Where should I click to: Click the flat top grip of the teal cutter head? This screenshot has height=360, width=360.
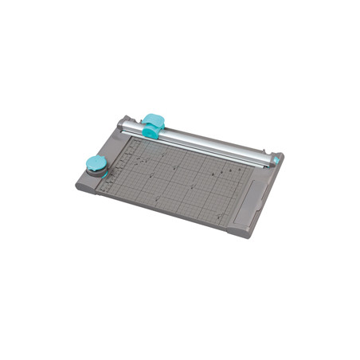click(152, 119)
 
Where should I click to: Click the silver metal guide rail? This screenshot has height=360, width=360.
click(215, 142)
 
